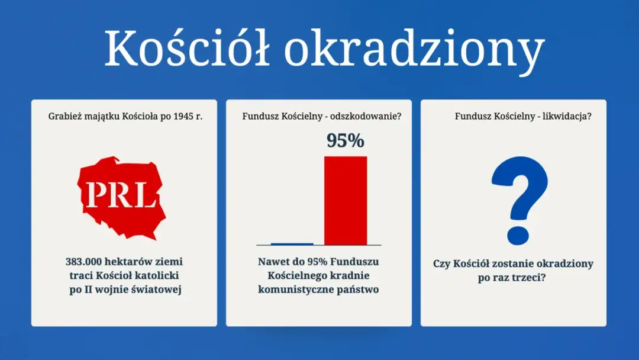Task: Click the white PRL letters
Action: (121, 194)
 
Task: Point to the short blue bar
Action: (292, 243)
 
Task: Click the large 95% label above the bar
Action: (345, 141)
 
